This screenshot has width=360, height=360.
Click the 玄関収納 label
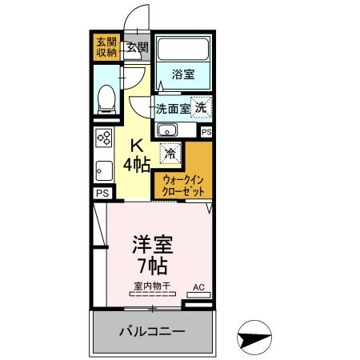click(x=106, y=46)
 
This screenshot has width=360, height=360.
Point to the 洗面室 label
click(x=172, y=108)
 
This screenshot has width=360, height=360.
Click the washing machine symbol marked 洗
click(x=202, y=107)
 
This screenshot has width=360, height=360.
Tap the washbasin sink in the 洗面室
click(x=167, y=131)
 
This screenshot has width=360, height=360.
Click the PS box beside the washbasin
click(x=206, y=132)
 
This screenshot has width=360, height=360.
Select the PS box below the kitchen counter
click(x=102, y=193)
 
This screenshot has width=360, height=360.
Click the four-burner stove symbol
click(x=104, y=138)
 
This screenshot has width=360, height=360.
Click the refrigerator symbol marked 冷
click(x=170, y=150)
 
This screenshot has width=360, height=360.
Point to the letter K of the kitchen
click(x=137, y=146)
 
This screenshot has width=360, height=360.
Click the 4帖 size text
click(x=137, y=165)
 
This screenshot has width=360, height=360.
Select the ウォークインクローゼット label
click(x=184, y=186)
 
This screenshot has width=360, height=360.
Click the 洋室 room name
click(x=152, y=242)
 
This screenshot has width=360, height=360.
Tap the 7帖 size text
click(x=152, y=265)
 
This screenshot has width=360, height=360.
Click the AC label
click(x=200, y=286)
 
